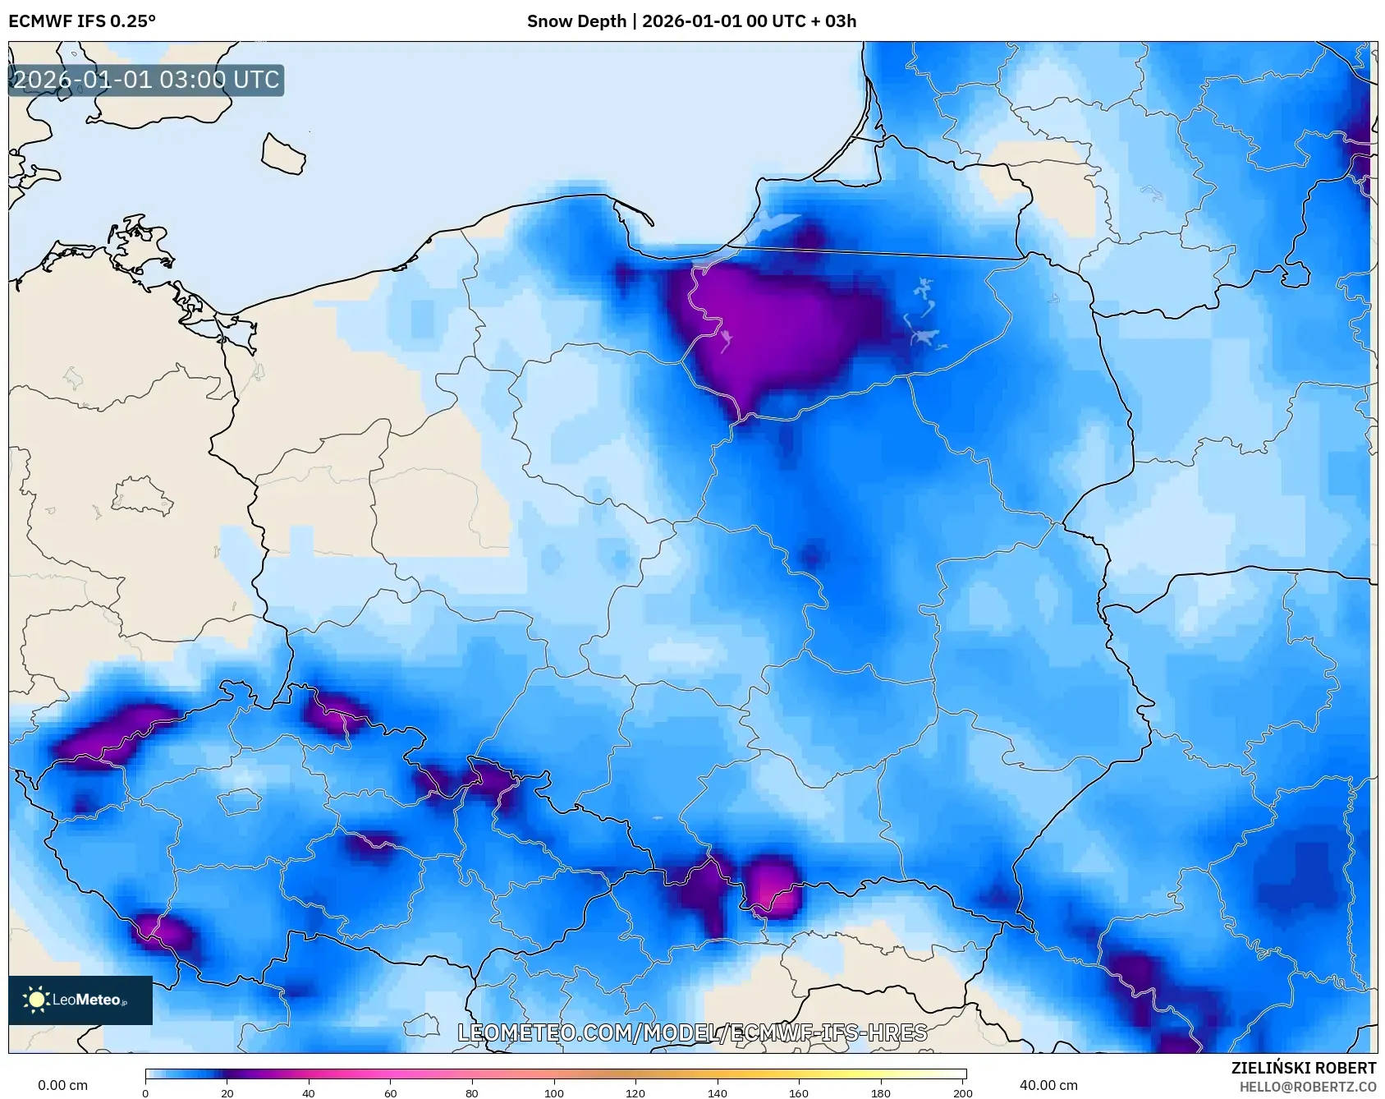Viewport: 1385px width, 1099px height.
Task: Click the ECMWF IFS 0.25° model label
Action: (x=82, y=21)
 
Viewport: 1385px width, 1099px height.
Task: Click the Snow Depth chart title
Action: (x=691, y=21)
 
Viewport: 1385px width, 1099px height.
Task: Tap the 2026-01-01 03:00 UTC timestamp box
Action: (x=146, y=80)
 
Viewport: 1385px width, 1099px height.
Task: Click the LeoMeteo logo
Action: (x=80, y=1000)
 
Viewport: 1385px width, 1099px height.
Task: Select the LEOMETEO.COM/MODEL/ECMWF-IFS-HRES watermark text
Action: (x=692, y=1032)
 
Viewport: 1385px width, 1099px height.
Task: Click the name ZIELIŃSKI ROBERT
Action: (x=1303, y=1068)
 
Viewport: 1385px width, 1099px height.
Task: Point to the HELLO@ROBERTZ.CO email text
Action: (x=1307, y=1087)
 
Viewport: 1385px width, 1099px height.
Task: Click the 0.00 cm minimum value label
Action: (x=62, y=1085)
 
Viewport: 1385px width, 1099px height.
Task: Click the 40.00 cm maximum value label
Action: (x=1048, y=1085)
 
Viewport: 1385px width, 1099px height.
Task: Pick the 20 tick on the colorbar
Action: (x=227, y=1092)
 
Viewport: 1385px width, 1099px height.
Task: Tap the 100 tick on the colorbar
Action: (x=554, y=1092)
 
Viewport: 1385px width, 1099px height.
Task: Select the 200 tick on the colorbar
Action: (x=962, y=1092)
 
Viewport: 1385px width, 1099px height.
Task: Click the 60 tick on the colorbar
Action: (x=391, y=1092)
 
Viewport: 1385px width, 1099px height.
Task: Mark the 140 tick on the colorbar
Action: (x=718, y=1092)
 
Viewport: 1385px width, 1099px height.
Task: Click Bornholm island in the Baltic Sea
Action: (x=283, y=154)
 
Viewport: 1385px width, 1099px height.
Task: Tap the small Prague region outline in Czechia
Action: (x=241, y=800)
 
